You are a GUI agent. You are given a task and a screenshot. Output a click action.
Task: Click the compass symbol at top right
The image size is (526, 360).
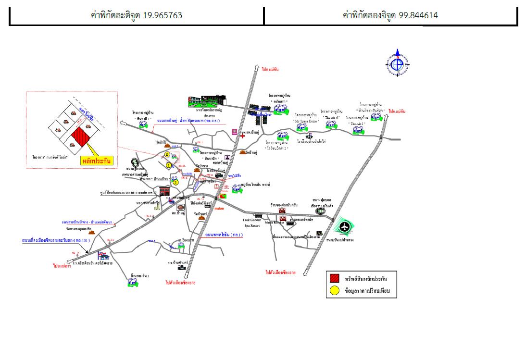point(398,63)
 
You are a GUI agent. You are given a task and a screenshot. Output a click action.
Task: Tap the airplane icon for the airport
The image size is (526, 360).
point(345,226)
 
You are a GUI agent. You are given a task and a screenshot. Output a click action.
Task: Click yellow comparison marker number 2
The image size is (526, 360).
point(167,154)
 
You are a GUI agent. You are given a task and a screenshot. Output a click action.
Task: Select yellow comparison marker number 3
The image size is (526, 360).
point(176,182)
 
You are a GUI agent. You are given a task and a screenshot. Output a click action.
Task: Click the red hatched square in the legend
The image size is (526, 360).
point(335,278)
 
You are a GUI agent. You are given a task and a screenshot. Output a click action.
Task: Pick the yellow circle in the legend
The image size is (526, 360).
point(335,291)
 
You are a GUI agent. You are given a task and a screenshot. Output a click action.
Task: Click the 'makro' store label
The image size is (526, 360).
point(219,209)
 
